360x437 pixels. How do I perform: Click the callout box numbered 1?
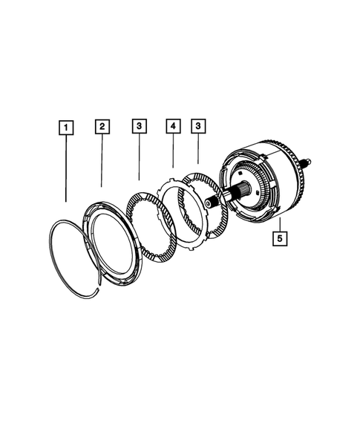tap(67, 128)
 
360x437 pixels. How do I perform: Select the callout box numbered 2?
tap(102, 126)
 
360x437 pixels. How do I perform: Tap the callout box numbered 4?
tap(172, 127)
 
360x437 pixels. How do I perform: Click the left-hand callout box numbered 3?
tap(139, 127)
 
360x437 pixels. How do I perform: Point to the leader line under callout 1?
tap(67, 167)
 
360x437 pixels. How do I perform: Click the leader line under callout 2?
tap(102, 160)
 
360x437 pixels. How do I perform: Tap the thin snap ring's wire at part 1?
tap(56, 245)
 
